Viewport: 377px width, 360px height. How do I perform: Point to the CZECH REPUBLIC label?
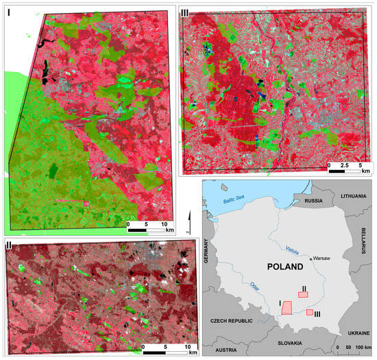[x=235, y=320]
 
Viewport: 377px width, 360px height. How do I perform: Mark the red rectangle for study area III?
[x=310, y=312]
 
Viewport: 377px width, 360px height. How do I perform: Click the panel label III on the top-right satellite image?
[x=186, y=14]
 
